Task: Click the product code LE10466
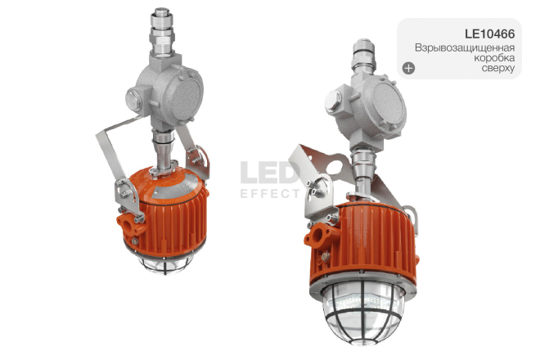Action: pyautogui.click(x=490, y=34)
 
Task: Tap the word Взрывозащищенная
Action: pyautogui.click(x=465, y=47)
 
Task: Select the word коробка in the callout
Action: pyautogui.click(x=494, y=57)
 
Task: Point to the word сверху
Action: pyautogui.click(x=498, y=68)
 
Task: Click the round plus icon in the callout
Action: pyautogui.click(x=409, y=68)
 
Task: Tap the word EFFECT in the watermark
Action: pyautogui.click(x=270, y=194)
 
